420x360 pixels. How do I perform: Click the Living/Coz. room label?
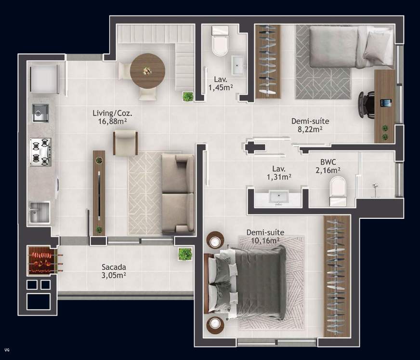[x=112, y=113]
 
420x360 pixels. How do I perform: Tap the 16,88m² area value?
[x=112, y=121]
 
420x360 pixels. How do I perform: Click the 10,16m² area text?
[x=264, y=240]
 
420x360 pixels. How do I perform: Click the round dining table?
[x=147, y=70]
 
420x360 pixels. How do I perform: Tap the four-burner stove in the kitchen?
[x=40, y=151]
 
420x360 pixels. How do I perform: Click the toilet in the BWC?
[x=338, y=191]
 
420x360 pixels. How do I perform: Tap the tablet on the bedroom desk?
[x=385, y=103]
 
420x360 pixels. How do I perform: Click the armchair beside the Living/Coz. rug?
[x=125, y=143]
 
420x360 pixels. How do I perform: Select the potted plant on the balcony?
[x=184, y=254]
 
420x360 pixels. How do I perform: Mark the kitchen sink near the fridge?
[x=40, y=112]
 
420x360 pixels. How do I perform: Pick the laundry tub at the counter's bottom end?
[x=40, y=213]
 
